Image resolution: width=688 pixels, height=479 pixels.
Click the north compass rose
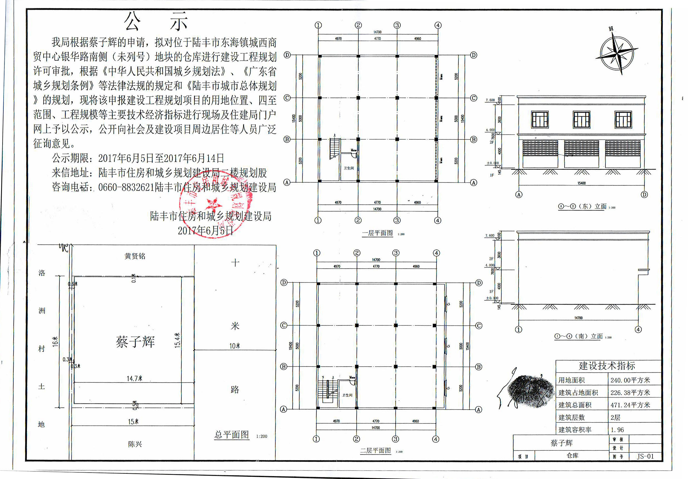[617, 54]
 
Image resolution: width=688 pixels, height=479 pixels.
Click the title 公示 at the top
[156, 22]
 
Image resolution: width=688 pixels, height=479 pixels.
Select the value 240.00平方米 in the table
[630, 380]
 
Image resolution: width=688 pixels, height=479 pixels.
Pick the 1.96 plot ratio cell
[617, 430]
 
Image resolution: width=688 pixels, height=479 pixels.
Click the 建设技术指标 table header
[607, 366]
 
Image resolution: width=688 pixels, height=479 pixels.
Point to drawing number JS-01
[645, 457]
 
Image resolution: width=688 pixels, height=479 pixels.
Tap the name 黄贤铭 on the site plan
[135, 256]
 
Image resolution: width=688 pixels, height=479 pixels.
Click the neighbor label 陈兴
[134, 444]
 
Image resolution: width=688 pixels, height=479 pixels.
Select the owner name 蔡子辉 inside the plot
[135, 342]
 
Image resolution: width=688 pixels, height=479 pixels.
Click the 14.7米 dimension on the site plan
[134, 379]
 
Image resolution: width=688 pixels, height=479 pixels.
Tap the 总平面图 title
[232, 435]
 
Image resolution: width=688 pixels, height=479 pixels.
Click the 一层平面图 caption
[377, 233]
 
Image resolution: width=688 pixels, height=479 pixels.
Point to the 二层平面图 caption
[375, 451]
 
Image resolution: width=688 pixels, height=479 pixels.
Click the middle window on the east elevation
[581, 119]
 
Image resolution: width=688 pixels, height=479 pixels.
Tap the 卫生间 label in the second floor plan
[347, 395]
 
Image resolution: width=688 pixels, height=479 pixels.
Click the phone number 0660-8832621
[126, 187]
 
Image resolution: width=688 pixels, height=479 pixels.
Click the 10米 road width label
[235, 346]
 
